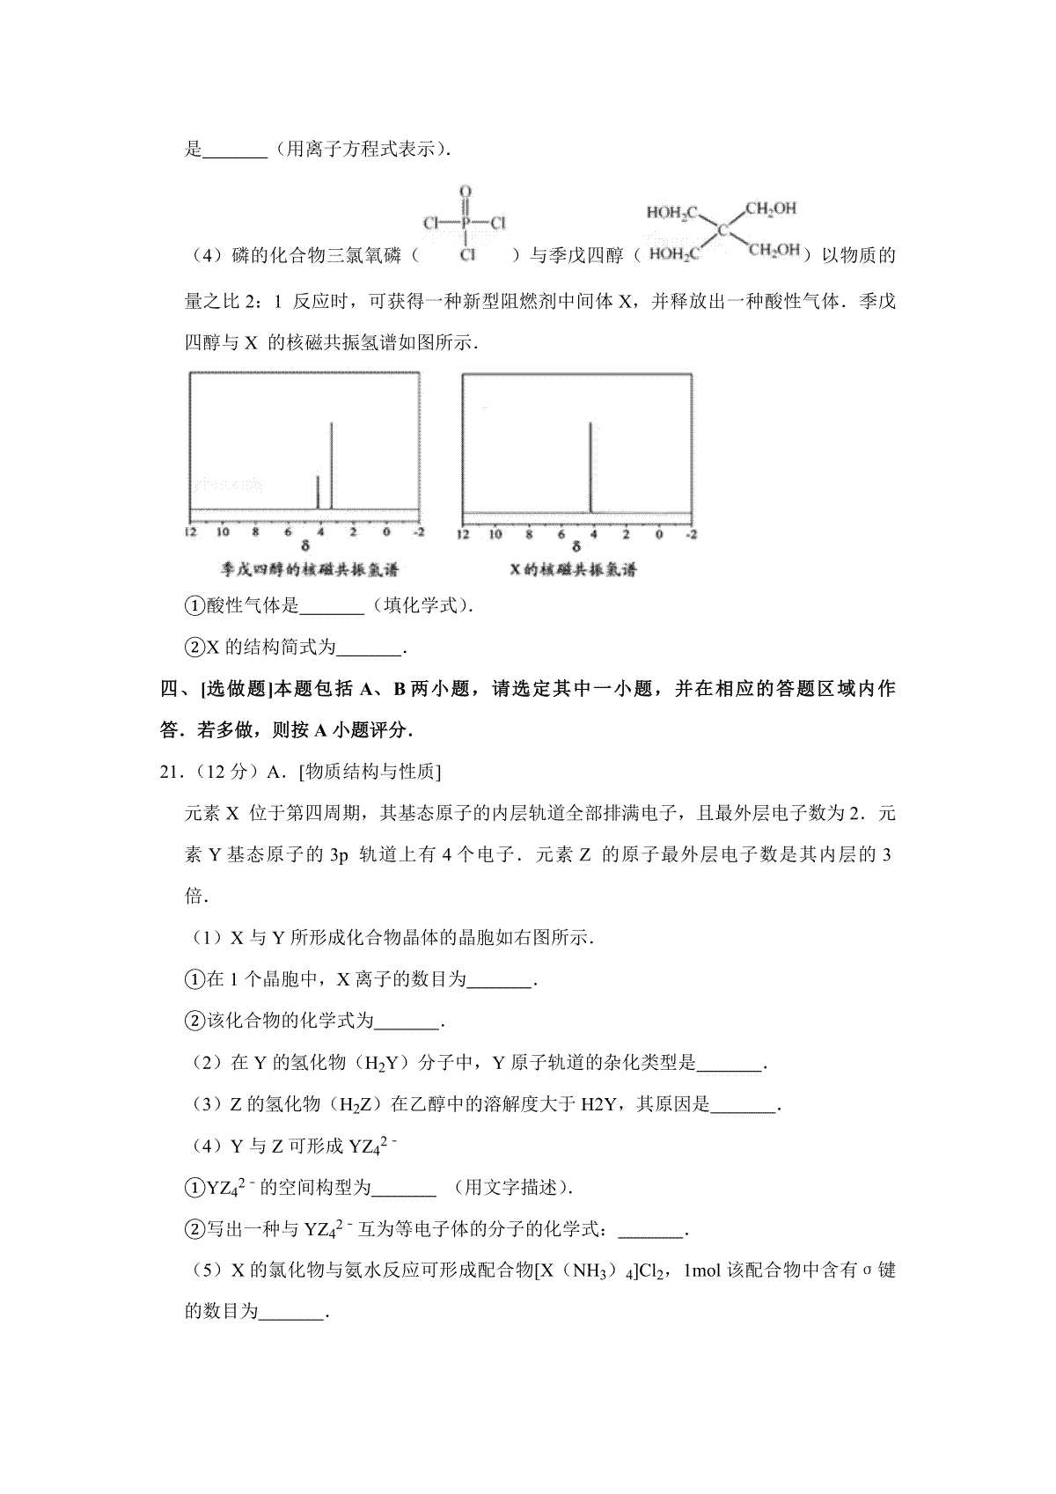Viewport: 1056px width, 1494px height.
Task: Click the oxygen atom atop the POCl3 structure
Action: click(466, 191)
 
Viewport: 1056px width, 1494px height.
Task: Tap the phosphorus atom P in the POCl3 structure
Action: click(466, 223)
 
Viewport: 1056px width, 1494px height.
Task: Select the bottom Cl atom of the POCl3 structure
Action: click(467, 254)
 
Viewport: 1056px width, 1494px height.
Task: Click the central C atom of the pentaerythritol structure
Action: click(722, 231)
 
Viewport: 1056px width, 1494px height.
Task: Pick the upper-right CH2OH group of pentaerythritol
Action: click(771, 209)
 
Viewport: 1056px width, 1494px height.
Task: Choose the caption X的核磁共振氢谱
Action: click(573, 569)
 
